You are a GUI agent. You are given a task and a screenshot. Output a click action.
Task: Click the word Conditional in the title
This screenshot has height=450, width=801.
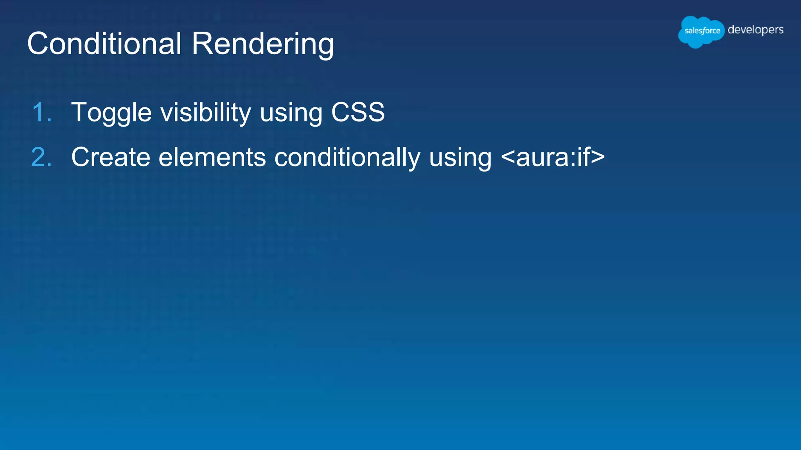[x=104, y=43]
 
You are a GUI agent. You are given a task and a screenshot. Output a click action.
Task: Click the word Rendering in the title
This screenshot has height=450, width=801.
[x=263, y=44]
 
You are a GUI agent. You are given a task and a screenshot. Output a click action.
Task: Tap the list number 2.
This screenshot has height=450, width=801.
[x=41, y=157]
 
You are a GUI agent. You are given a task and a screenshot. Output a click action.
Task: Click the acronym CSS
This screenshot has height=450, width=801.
[x=358, y=112]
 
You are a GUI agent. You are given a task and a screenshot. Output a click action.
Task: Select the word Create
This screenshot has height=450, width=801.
[x=111, y=157]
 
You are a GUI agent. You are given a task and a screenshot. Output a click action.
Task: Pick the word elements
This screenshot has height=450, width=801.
[x=212, y=157]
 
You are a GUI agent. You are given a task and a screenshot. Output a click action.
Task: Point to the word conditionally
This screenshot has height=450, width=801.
[x=347, y=158]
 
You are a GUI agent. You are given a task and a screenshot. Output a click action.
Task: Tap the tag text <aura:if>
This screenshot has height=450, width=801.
[x=553, y=157]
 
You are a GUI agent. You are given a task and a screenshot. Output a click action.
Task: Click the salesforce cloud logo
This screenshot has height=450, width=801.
[x=701, y=31]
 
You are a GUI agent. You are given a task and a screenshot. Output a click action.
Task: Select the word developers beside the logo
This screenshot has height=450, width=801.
[x=755, y=30]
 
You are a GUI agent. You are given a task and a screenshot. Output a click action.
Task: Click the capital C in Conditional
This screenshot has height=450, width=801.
[x=38, y=43]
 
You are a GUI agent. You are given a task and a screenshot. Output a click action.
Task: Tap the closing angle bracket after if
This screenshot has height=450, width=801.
[x=598, y=157]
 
